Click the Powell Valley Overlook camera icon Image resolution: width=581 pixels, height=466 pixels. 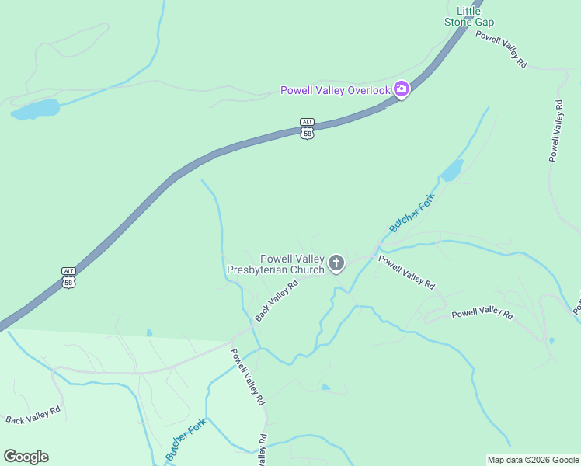tap(402, 90)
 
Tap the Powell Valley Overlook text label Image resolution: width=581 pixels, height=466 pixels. tap(335, 91)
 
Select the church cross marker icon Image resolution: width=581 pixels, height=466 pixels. tap(336, 264)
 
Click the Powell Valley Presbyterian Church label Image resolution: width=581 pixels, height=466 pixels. tap(275, 265)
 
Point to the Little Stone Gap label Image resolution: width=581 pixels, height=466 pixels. tap(469, 17)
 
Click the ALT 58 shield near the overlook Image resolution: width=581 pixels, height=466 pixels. tap(308, 128)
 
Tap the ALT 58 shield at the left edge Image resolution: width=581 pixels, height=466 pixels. tap(69, 276)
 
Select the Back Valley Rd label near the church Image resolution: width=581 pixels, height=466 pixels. tap(277, 301)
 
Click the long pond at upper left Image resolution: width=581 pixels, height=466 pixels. tap(36, 109)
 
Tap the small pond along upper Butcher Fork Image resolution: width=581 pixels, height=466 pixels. tap(452, 170)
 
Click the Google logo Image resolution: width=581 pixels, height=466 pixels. tap(26, 457)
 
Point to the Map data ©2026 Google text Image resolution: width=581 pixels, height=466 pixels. tap(533, 460)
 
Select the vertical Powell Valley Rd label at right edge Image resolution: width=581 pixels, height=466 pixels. tap(555, 130)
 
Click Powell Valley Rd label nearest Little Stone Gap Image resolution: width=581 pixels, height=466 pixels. tap(502, 50)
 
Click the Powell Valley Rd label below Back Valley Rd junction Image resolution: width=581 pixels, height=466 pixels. tap(248, 377)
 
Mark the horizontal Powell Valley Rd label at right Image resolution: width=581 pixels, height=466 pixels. tap(482, 314)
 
